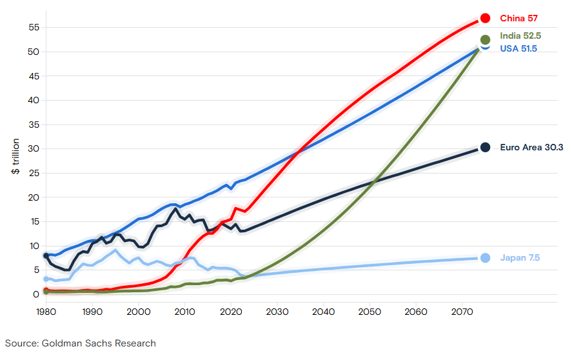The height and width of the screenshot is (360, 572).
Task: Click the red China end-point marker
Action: (x=485, y=19)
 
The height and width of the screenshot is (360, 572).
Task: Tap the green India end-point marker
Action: (x=485, y=40)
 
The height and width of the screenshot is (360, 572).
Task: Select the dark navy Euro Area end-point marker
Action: (x=485, y=147)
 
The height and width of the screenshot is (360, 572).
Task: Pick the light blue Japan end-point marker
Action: (x=485, y=258)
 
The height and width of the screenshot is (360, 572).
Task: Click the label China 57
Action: (x=518, y=19)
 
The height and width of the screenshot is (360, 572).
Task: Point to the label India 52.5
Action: (x=520, y=36)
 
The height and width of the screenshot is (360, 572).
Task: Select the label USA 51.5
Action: (x=518, y=48)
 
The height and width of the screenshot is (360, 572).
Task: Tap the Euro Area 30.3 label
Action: (x=531, y=148)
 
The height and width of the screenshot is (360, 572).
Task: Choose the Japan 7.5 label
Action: (x=520, y=258)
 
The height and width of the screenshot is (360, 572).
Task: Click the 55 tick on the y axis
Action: (x=34, y=28)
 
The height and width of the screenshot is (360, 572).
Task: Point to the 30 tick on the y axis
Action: (x=34, y=149)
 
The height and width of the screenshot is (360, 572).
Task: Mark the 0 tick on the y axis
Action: (x=36, y=294)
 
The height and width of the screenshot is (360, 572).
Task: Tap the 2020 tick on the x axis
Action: (x=230, y=311)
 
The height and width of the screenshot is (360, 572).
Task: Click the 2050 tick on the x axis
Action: (x=369, y=311)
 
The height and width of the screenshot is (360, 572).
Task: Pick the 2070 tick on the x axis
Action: (x=460, y=311)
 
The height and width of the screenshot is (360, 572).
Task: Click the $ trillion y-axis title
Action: (x=15, y=157)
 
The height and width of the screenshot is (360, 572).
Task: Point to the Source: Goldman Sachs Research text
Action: (x=81, y=343)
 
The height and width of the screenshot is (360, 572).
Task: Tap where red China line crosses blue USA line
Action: (x=299, y=152)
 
